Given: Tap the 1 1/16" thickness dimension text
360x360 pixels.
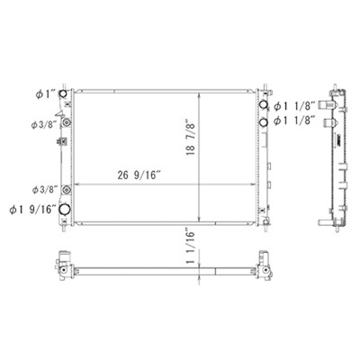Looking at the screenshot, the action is point(191,247).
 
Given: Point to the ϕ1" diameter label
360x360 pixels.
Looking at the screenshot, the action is point(46,94).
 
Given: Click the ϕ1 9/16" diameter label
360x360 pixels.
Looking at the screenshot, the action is point(33,210).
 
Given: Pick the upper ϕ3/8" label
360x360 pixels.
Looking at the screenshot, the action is point(44,124).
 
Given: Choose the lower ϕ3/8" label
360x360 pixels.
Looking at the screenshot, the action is point(44,190).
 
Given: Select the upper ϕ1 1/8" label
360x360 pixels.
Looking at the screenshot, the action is point(295,106).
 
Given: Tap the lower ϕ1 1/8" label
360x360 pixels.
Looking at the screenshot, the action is point(295,121).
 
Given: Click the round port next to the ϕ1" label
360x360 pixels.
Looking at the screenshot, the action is point(63,94).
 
